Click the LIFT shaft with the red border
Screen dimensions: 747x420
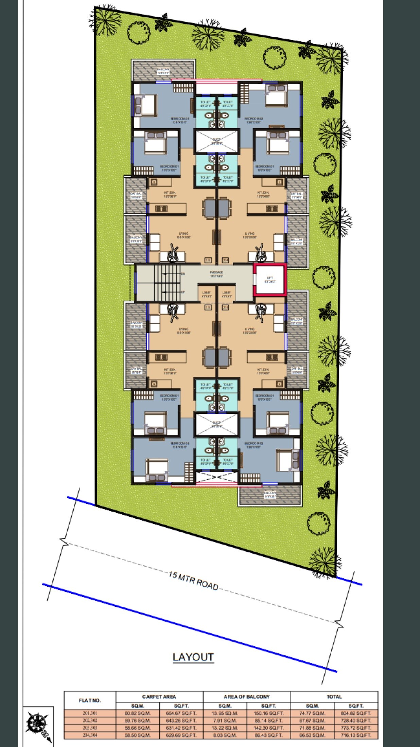[270, 280]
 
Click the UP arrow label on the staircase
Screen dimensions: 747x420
[183, 292]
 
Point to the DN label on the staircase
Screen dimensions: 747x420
[183, 274]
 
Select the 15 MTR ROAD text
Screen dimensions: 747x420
[193, 581]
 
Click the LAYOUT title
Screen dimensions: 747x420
[193, 657]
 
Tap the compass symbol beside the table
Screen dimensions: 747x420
[38, 727]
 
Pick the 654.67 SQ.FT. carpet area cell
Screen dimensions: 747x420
[181, 713]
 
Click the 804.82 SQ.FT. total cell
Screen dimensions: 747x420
[356, 713]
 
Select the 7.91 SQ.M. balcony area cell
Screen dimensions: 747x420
[225, 721]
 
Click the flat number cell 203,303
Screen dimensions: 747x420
[90, 728]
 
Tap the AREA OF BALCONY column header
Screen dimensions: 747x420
[247, 697]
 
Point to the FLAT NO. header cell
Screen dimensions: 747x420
[90, 700]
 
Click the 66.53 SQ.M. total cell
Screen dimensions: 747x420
[312, 735]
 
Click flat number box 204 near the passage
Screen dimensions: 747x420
[225, 260]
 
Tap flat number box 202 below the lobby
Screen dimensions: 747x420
[208, 307]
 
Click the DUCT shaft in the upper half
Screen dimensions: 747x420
[216, 141]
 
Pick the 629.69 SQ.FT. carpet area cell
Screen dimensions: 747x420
[181, 735]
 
